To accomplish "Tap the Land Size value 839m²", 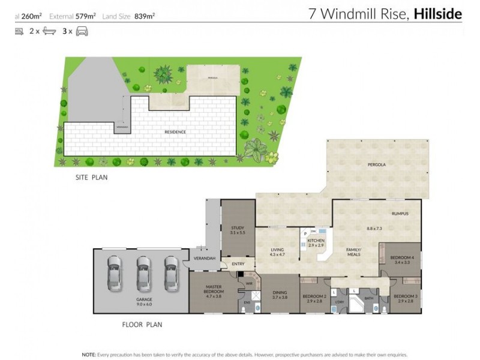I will coord(145,17).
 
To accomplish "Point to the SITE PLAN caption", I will coord(91,178).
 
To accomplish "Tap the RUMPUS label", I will coord(400,214).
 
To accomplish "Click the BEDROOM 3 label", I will coord(405,298).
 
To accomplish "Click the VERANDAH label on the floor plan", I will coord(203,259).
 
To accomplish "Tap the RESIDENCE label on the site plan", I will coord(176,132).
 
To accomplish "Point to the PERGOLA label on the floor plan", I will coord(376,164).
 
